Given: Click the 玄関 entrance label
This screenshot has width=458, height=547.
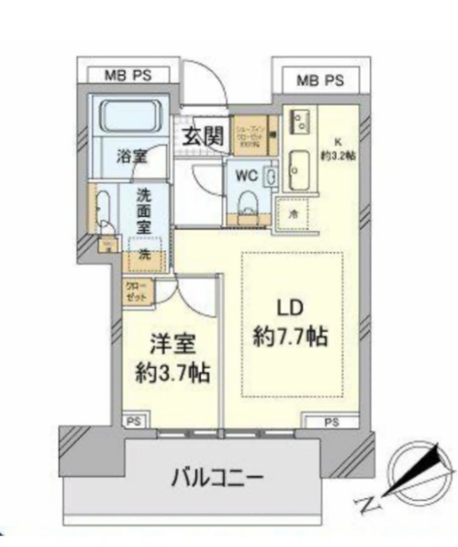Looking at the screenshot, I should tap(202, 134).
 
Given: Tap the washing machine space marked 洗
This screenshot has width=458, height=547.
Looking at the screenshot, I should tap(144, 255).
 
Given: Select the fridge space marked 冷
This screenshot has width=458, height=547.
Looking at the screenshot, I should tap(293, 213).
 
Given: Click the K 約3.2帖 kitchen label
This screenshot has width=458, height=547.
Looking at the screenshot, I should tap(339, 150).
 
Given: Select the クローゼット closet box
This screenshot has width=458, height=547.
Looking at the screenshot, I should tap(137, 291).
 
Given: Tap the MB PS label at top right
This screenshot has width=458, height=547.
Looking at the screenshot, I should tap(320, 81).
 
